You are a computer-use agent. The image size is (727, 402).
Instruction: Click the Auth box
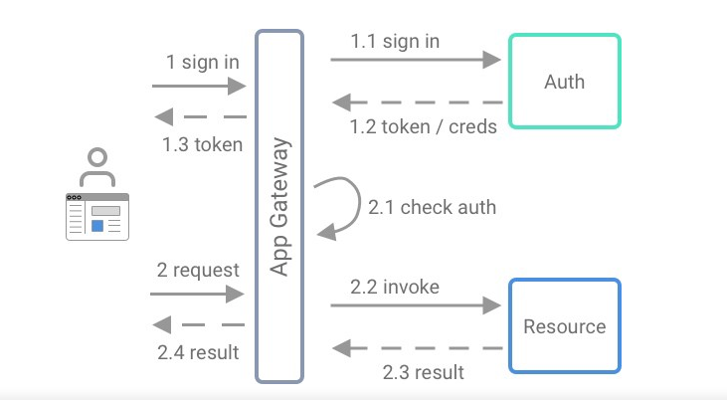[564, 82]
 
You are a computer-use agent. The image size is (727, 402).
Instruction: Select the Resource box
[564, 326]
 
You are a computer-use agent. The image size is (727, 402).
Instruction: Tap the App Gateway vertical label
[279, 207]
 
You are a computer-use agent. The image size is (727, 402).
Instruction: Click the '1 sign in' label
[203, 62]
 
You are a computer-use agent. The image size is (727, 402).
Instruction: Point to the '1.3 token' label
[202, 144]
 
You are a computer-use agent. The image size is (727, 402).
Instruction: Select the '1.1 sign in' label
[395, 42]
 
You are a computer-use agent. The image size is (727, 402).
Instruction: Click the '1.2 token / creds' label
[423, 126]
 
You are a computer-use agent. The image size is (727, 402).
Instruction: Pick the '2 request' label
[198, 270]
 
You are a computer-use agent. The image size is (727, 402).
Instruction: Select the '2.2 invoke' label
[395, 287]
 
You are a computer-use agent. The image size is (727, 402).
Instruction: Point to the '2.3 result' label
[423, 372]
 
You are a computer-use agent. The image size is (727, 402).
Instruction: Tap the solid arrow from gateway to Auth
[415, 61]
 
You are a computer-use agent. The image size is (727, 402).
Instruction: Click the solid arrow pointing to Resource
[415, 305]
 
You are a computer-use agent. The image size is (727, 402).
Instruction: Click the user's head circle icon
[96, 158]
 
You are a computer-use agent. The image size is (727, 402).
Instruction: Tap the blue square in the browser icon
[97, 226]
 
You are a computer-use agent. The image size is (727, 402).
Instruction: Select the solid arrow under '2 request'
[197, 294]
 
